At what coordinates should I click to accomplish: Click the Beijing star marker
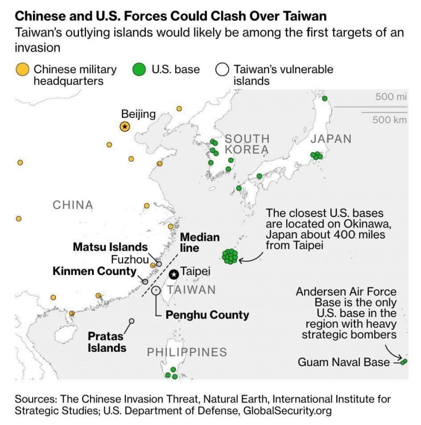[x=125, y=126]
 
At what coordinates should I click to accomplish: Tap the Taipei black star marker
[x=174, y=274]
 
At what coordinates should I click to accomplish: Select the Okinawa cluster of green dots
[x=230, y=256]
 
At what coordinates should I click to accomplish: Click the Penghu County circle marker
[x=156, y=291]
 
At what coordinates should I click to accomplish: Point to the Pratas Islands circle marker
[x=132, y=321]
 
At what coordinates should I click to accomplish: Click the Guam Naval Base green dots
[x=404, y=362]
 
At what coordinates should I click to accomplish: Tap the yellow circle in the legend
[x=22, y=70]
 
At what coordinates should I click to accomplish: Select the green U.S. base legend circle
[x=139, y=70]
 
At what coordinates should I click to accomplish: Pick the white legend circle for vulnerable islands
[x=222, y=70]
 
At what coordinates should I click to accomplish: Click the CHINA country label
[x=73, y=205]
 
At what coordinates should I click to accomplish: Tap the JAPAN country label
[x=331, y=139]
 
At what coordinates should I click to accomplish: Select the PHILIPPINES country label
[x=187, y=352]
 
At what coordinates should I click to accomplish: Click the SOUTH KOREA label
[x=247, y=144]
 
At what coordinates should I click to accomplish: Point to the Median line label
[x=200, y=243]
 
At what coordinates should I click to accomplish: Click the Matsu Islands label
[x=111, y=247]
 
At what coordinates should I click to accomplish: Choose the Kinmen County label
[x=95, y=271]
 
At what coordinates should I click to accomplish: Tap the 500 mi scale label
[x=391, y=96]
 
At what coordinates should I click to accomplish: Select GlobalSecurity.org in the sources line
[x=287, y=411]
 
